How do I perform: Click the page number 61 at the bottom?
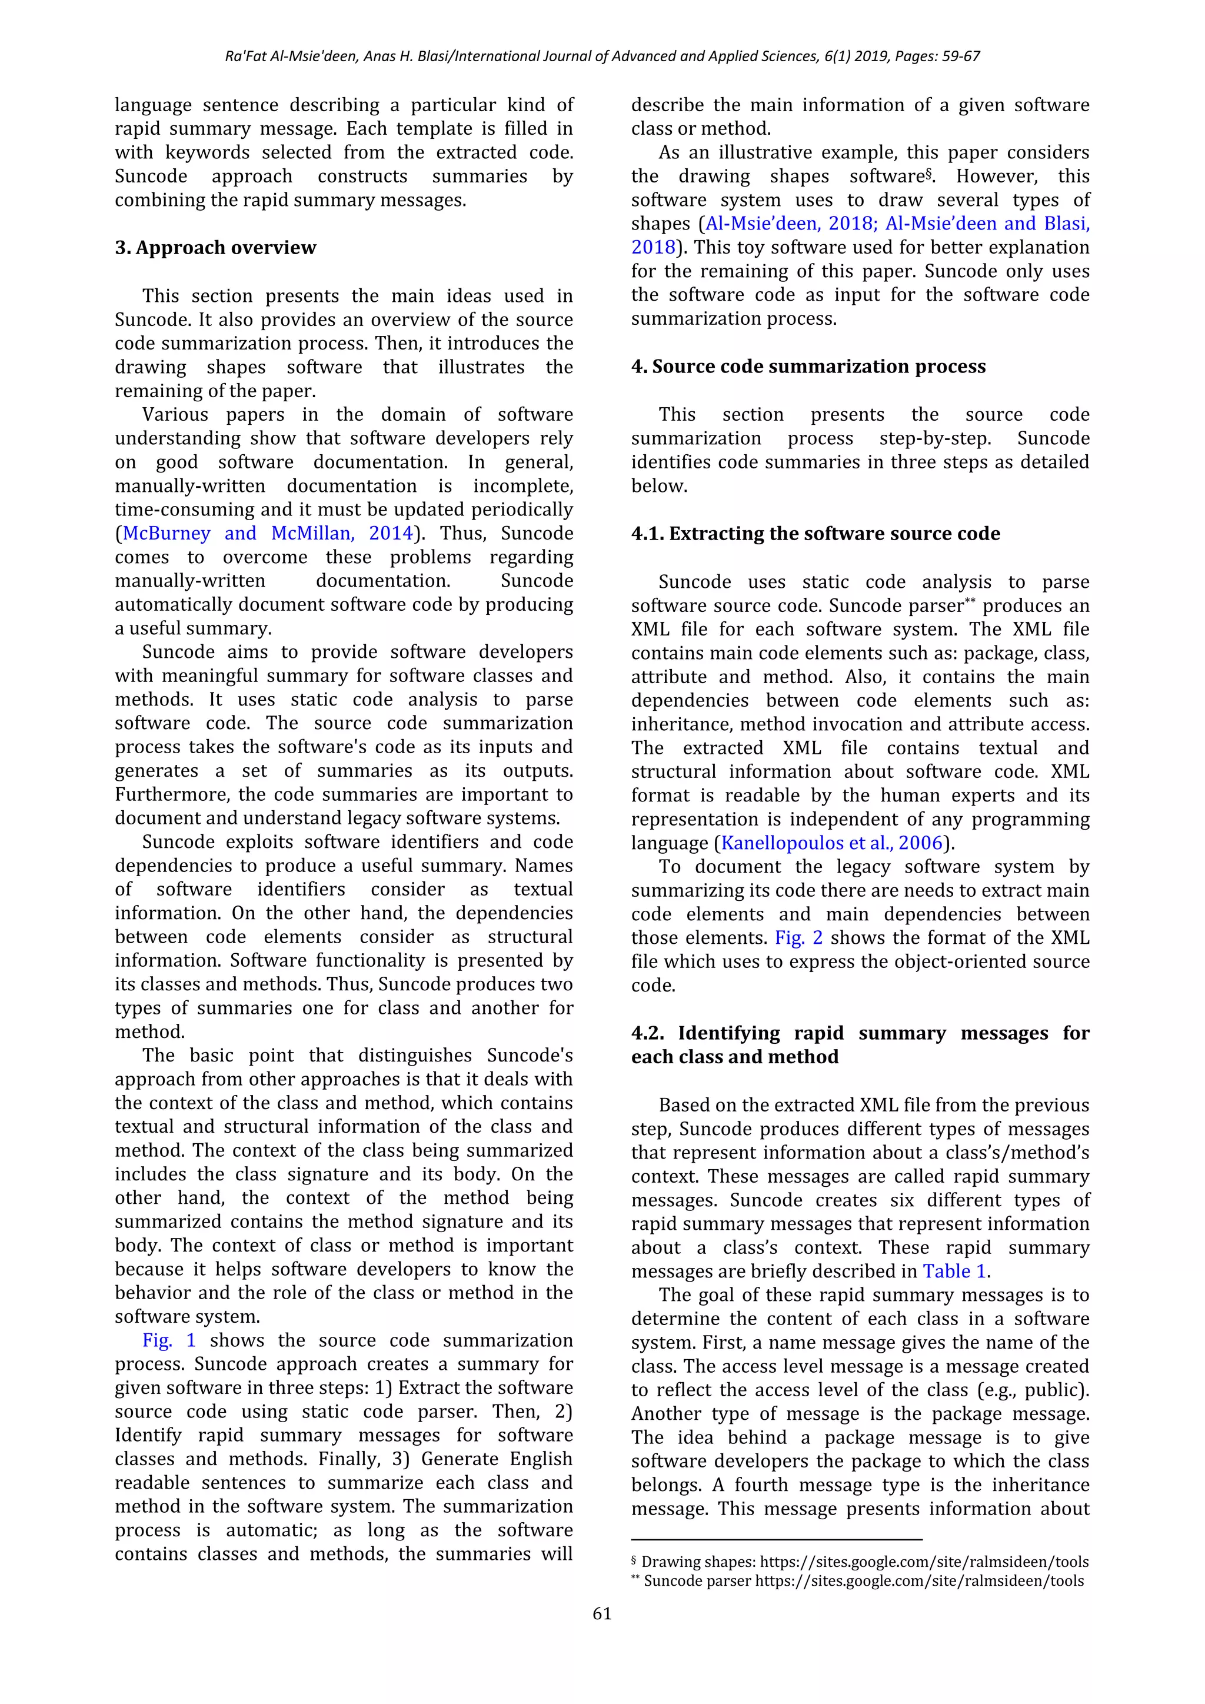(602, 1613)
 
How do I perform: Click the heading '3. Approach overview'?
(215, 248)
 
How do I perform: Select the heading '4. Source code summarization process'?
(808, 367)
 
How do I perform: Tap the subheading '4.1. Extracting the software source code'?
(815, 534)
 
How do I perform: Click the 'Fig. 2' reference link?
(798, 938)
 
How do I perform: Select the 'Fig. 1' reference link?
(169, 1340)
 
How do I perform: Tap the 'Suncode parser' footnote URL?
(919, 1581)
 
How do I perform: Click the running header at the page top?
(602, 56)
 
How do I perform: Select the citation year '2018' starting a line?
(653, 248)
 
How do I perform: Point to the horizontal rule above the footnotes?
(776, 1540)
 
